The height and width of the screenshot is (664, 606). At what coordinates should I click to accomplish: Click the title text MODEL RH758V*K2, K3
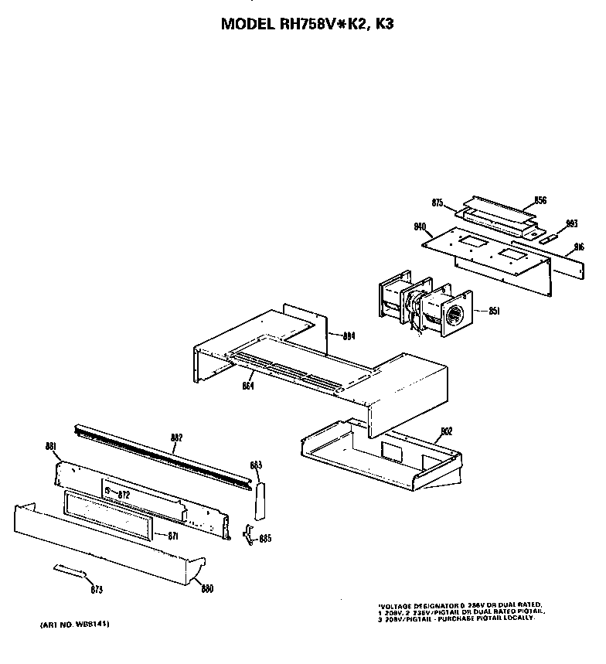pos(308,24)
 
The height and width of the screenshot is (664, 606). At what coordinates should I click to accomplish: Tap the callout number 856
pos(540,200)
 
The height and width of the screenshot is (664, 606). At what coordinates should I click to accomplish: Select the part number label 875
pos(437,203)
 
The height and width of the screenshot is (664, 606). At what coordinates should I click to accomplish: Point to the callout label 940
pos(420,226)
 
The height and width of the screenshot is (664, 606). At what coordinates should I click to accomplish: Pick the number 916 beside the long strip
pos(579,248)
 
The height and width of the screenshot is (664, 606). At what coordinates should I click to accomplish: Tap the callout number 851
pos(495,312)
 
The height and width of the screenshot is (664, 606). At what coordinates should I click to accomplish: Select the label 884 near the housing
pos(349,335)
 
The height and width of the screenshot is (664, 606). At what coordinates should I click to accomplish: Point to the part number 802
pos(446,431)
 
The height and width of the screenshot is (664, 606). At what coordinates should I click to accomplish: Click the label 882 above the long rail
pos(176,438)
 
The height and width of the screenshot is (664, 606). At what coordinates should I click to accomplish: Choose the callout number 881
pos(52,446)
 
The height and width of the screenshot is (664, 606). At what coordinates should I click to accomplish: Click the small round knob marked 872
pos(107,491)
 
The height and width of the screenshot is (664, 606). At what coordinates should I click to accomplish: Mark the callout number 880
pos(207,588)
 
